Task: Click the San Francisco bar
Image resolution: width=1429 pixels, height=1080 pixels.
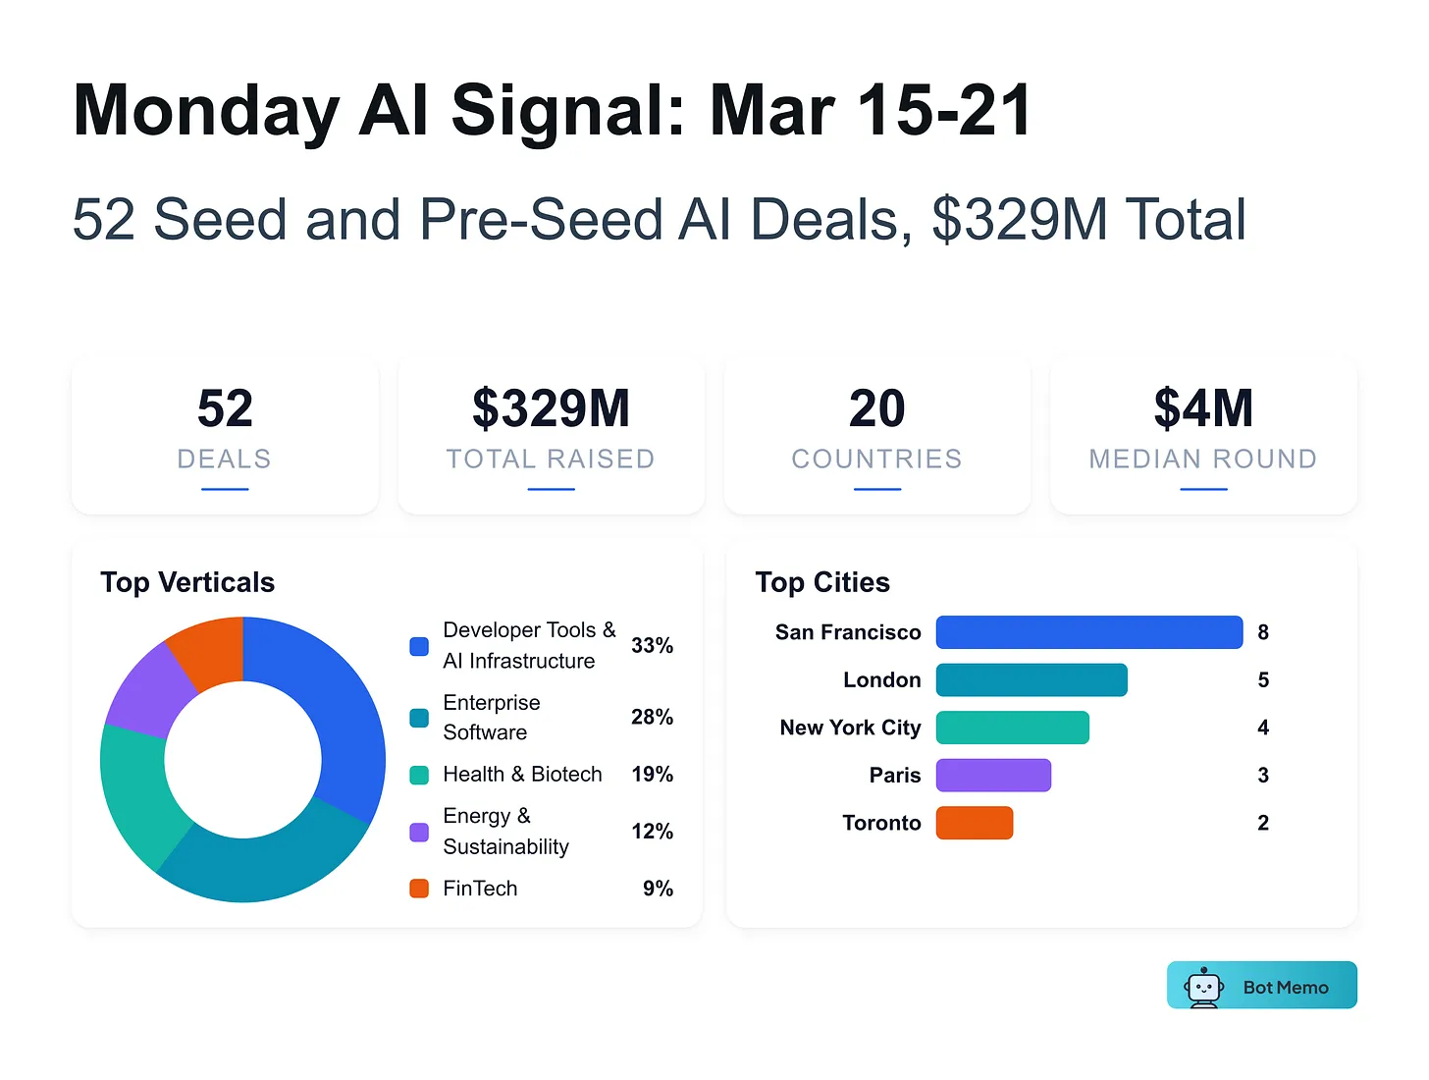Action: click(x=1088, y=632)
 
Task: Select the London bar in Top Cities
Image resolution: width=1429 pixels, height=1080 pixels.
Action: click(x=1032, y=679)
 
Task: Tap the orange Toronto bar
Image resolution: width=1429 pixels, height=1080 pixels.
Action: click(x=974, y=823)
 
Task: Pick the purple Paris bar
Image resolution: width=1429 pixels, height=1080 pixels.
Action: click(x=993, y=776)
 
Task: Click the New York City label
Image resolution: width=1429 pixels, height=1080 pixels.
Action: click(x=850, y=728)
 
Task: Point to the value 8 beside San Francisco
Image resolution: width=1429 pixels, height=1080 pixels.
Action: click(x=1263, y=632)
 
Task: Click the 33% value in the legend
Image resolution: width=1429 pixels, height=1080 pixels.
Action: click(x=652, y=645)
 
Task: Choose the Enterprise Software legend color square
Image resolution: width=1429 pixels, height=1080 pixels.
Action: click(x=419, y=718)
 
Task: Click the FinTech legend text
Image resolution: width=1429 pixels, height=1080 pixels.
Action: click(x=480, y=889)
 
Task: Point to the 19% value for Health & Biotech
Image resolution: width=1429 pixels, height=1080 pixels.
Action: click(x=652, y=775)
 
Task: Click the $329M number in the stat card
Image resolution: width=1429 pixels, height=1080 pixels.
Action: click(x=551, y=408)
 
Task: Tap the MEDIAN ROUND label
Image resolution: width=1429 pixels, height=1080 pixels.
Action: click(x=1202, y=459)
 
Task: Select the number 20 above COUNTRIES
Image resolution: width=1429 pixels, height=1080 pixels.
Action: click(x=876, y=408)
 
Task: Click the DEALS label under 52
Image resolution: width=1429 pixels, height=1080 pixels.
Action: click(x=225, y=459)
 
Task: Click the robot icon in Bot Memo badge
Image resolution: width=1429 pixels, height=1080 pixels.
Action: click(x=1203, y=987)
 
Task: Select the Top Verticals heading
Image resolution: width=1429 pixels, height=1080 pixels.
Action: click(x=187, y=582)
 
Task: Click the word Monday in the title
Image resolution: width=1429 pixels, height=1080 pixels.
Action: click(x=206, y=111)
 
